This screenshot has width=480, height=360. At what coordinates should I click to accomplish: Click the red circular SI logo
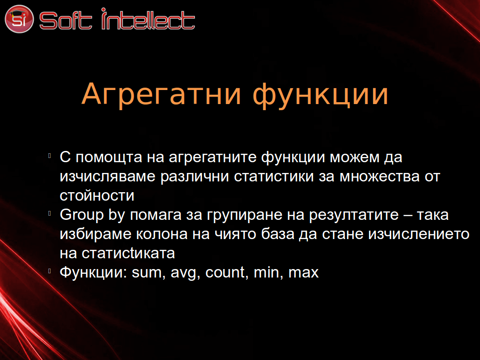click(19, 19)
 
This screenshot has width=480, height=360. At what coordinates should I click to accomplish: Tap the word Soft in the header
click(66, 20)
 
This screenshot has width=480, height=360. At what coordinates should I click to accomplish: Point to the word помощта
click(109, 157)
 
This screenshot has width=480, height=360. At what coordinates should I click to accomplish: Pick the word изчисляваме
click(107, 177)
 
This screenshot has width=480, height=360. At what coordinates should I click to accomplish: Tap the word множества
click(380, 177)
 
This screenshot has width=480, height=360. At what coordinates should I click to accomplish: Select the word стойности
click(97, 196)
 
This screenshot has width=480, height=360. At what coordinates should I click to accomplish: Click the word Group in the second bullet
click(82, 215)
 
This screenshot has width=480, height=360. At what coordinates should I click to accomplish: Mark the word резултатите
click(354, 215)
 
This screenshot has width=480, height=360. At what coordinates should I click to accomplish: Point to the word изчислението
click(419, 234)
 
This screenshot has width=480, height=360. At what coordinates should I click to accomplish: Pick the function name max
click(303, 273)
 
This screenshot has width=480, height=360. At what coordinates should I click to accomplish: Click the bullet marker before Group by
click(49, 213)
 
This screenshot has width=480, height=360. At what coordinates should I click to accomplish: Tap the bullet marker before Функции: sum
click(49, 271)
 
